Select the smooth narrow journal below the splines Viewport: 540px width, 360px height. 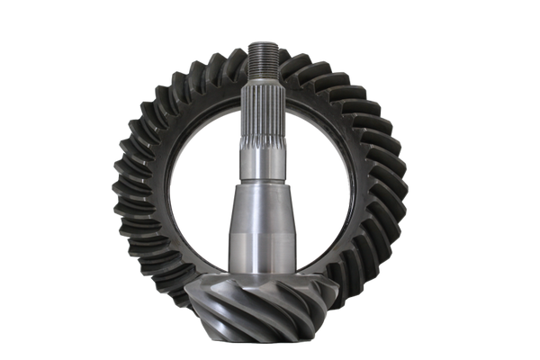click(x=260, y=162)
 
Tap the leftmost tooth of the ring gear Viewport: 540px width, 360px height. click(x=117, y=189)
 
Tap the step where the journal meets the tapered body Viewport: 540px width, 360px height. click(x=260, y=184)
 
